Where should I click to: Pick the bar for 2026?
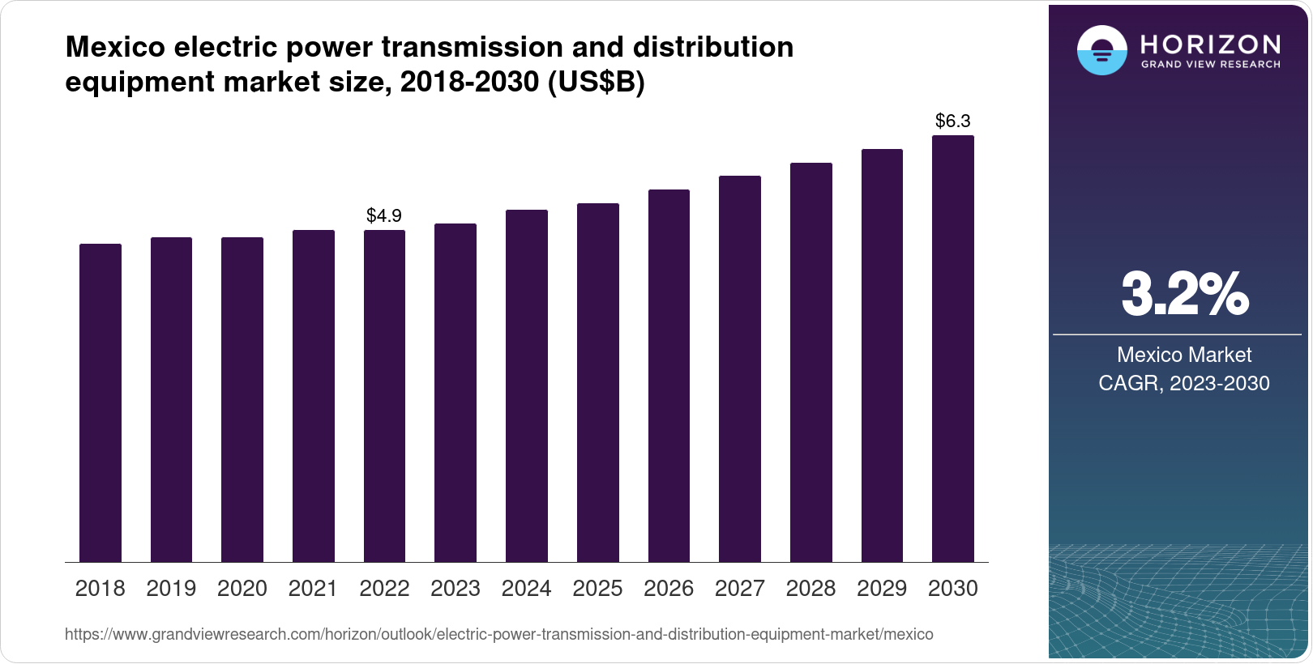click(669, 376)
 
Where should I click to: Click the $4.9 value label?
click(384, 215)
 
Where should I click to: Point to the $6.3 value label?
click(953, 121)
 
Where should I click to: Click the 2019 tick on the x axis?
click(171, 589)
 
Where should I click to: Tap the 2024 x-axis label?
click(527, 589)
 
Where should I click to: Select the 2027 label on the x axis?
click(740, 589)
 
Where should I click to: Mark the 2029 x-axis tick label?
click(882, 589)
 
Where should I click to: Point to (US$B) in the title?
click(597, 83)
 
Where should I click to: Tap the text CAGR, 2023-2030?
click(1184, 383)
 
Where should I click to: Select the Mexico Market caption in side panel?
click(1184, 355)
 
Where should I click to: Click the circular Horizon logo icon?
click(1101, 50)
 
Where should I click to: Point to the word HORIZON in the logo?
click(1211, 44)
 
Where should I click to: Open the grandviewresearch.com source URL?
click(498, 635)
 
